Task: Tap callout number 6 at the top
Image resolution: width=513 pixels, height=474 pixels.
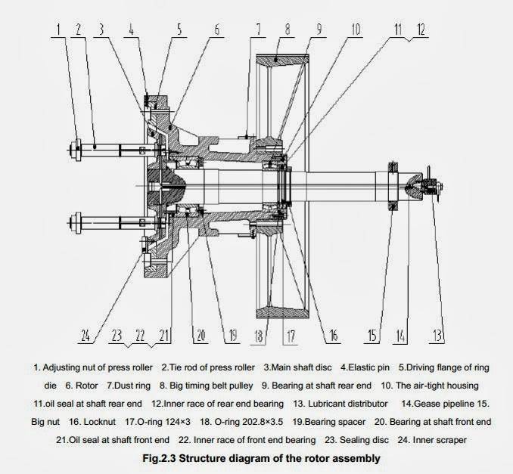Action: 217,31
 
